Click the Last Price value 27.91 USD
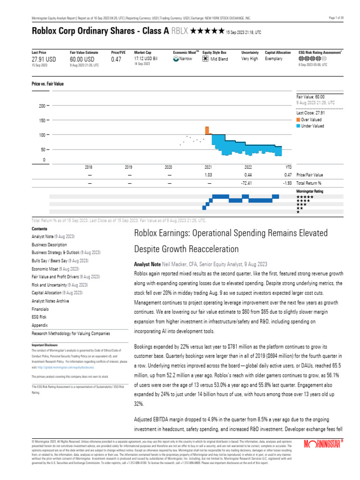pos(44,60)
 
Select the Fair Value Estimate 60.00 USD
pos(82,60)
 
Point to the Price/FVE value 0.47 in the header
pos(116,60)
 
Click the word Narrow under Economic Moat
pos(186,59)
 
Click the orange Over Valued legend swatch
pos(298,120)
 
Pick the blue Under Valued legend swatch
pos(298,126)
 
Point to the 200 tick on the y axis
pos(41,106)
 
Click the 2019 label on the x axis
pos(128,167)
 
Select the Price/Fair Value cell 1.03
pos(209,175)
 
